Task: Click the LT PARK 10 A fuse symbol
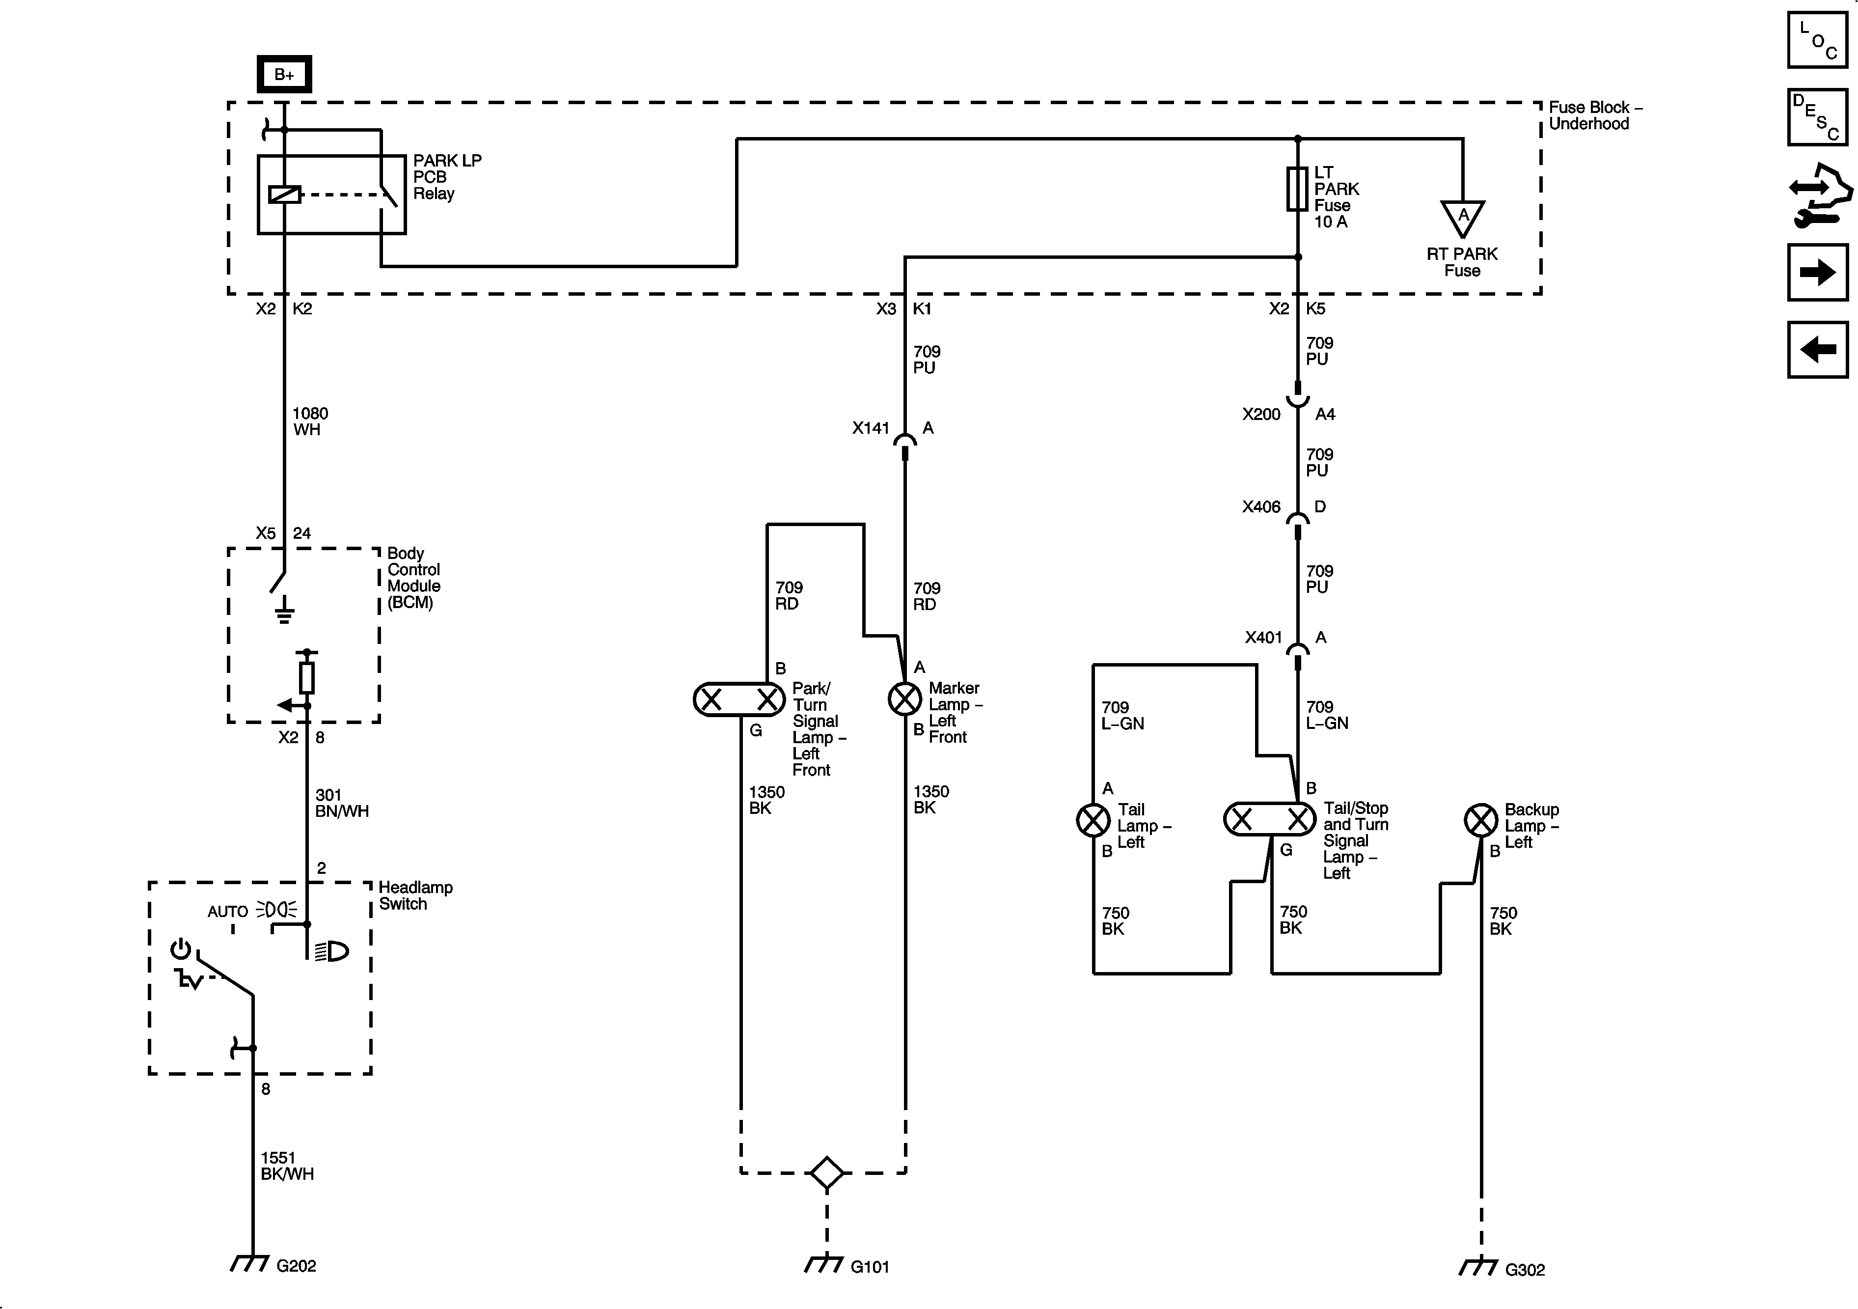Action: coord(1297,190)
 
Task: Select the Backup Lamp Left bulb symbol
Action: coord(1481,820)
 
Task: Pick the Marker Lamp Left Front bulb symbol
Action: coord(905,698)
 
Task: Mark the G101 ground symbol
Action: coord(824,1264)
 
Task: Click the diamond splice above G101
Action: coord(826,1172)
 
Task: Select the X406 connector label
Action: coord(1261,507)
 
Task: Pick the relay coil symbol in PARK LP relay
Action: coord(284,195)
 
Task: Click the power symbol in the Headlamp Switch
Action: coord(181,949)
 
